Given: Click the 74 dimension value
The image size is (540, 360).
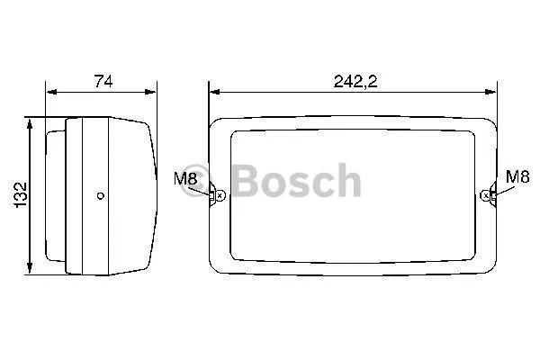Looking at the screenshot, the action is tap(103, 81).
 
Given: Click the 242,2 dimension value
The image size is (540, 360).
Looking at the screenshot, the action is tap(355, 81).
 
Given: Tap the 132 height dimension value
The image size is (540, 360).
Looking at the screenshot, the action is tap(20, 194).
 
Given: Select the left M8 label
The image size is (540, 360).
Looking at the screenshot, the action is tap(184, 179).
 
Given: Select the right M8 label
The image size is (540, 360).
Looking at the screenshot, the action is tap(517, 176).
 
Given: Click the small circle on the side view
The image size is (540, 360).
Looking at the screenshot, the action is tap(101, 196).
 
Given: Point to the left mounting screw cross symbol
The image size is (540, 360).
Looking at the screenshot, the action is tap(220, 195).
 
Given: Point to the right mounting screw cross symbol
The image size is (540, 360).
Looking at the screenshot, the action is tap(486, 195).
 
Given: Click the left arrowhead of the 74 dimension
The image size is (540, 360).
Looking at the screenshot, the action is tap(51, 92).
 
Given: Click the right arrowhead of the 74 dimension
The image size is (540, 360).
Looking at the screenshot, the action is tap(150, 92).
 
